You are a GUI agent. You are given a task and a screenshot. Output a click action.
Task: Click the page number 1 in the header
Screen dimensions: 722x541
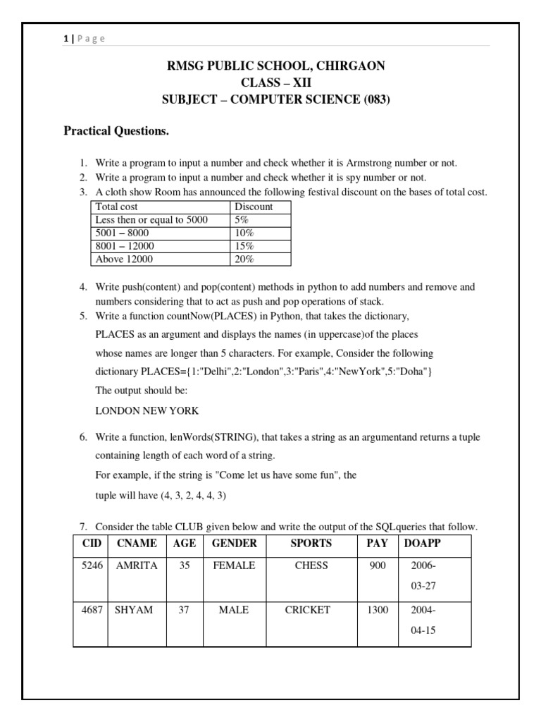point(65,39)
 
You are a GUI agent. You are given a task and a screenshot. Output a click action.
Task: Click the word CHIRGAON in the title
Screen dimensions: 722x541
point(350,66)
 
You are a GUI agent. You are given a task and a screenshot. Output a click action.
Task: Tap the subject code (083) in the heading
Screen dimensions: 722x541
point(376,99)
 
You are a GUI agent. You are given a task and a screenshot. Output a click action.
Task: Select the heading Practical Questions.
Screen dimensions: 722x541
point(116,131)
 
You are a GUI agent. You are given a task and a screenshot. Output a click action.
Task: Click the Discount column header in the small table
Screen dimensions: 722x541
point(254,207)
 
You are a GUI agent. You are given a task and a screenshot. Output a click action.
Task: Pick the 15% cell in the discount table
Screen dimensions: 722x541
point(244,246)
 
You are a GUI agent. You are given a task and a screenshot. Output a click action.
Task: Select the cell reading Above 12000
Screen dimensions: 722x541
point(124,259)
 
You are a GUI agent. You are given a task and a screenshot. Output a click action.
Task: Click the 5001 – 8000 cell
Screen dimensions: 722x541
point(122,233)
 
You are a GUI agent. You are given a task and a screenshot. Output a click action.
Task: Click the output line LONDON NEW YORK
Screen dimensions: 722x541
point(147,410)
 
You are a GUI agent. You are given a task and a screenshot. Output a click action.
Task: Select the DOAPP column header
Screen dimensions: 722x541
point(422,544)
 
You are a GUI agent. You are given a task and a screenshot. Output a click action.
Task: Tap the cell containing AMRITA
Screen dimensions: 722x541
point(137,565)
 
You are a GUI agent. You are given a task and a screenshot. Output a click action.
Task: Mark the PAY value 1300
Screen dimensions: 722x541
point(378,610)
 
